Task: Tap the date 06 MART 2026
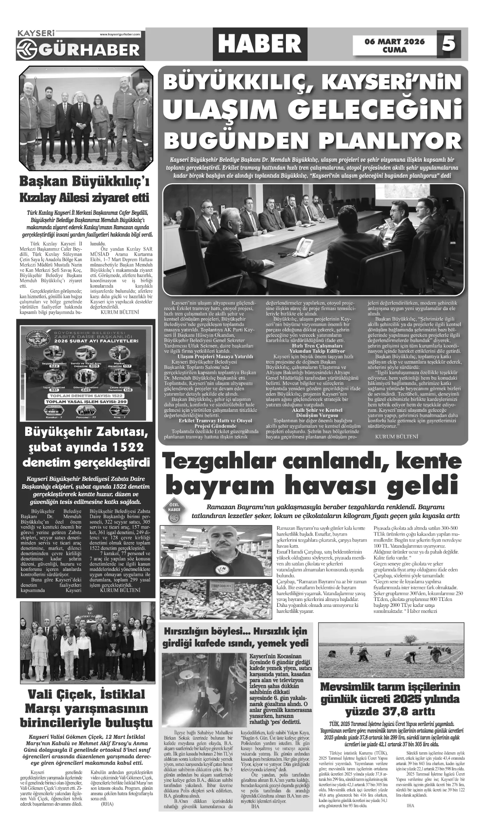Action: [395, 42]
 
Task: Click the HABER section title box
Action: [261, 44]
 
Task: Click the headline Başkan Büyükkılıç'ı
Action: [84, 182]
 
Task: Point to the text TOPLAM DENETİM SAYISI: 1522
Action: [85, 396]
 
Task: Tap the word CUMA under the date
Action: [395, 50]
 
